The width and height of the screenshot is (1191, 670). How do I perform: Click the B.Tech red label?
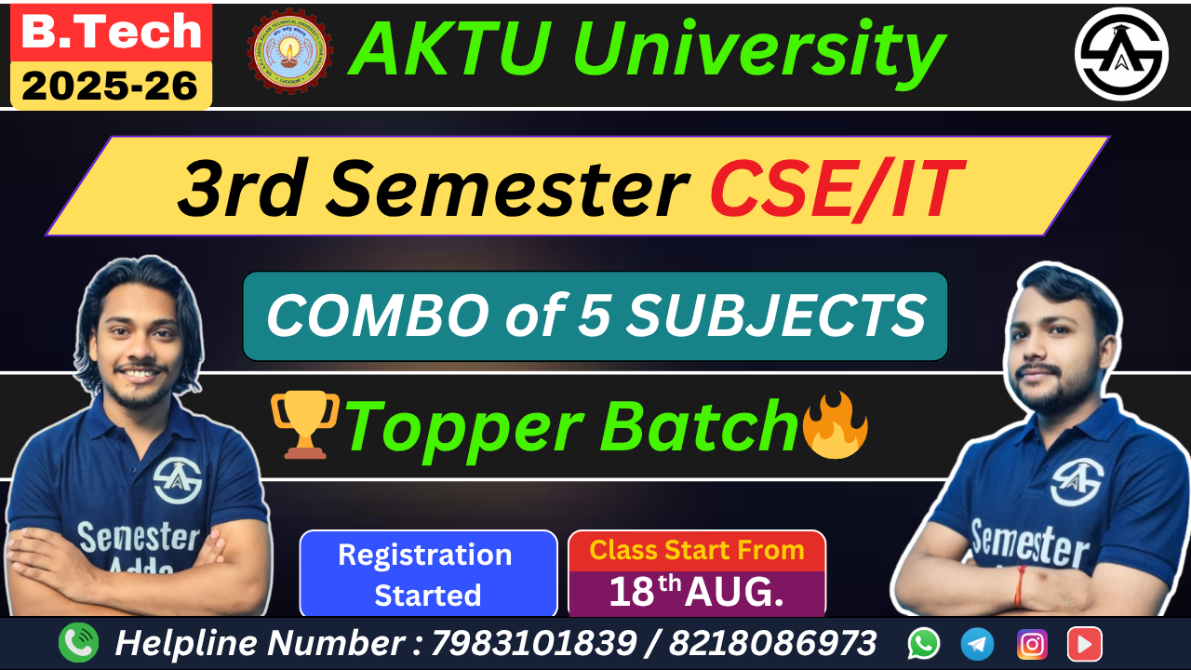pos(111,32)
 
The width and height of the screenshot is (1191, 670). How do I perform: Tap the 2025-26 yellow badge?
pos(111,87)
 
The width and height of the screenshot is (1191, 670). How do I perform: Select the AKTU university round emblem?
pos(289,51)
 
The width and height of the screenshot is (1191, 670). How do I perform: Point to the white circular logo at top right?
pos(1121,54)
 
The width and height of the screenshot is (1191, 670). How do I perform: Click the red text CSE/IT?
pos(832,189)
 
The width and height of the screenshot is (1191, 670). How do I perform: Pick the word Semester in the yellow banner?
pos(506,189)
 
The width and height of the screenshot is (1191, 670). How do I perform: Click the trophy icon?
pos(304,424)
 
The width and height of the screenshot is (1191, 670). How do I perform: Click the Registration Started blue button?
pos(427,574)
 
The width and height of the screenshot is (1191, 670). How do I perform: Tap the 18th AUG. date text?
pos(696,593)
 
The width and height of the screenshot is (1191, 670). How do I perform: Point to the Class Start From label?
pos(696,550)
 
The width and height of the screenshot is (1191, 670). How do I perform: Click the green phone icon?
pos(78,643)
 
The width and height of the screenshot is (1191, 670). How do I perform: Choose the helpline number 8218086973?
pos(771,643)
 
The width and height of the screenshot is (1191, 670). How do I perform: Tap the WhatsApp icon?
pos(924,643)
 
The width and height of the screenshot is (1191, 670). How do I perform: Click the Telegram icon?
pos(977,643)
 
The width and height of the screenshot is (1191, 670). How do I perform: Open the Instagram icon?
pos(1031,643)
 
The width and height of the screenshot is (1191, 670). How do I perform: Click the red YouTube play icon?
pos(1084,643)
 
